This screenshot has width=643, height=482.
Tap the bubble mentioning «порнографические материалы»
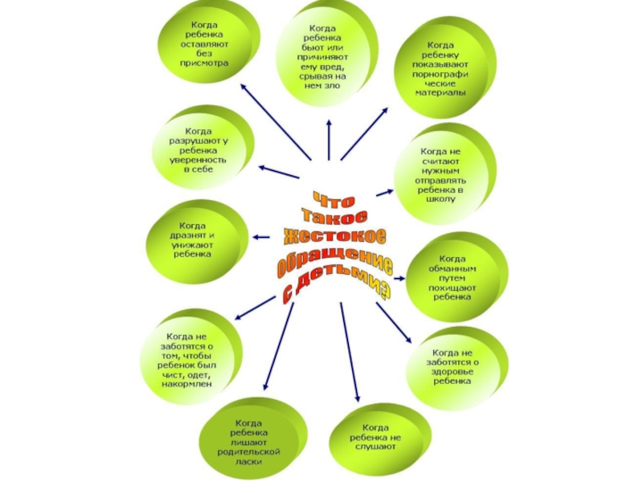point(440,68)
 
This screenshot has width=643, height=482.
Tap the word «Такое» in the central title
point(332,216)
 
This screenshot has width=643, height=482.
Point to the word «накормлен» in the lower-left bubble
point(190,385)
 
